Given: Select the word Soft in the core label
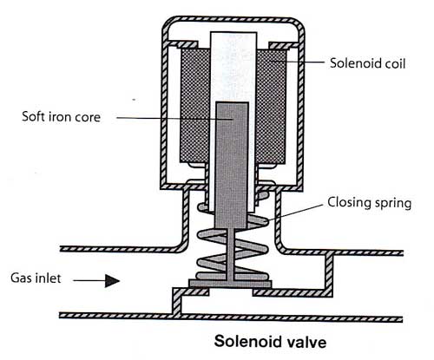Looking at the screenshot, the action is coord(33,116).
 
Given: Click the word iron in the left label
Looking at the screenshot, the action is coord(59,116).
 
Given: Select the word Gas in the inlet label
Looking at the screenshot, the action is coord(20,278).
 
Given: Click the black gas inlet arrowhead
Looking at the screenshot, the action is coord(112,281).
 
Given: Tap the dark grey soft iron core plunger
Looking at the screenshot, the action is coord(232,165).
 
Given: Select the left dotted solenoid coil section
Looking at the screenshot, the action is coord(194,106).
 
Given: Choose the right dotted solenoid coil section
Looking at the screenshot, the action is coord(272,107).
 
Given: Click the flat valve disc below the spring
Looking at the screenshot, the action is coord(230,284).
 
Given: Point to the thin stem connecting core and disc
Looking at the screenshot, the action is coord(231,254).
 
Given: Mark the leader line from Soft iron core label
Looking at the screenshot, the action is coord(174,119).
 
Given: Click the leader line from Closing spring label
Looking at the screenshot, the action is coord(295,213).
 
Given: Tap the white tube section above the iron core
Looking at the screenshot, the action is coord(233,67).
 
